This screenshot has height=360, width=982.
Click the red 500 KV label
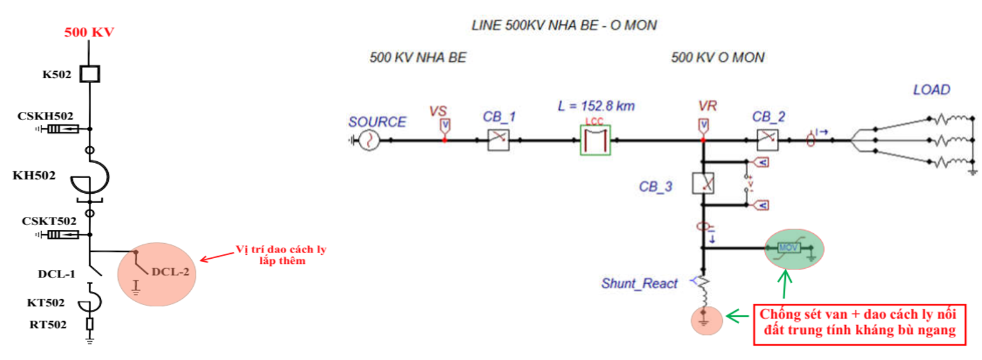(89, 32)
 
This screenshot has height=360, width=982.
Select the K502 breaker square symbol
(90, 74)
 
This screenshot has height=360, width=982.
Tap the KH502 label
(34, 176)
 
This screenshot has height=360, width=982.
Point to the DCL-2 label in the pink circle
(170, 272)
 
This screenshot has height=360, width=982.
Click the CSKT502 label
(49, 221)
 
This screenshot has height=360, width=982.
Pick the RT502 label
(47, 324)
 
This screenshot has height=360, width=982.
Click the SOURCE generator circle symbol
(369, 140)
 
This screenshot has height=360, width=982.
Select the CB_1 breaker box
(498, 140)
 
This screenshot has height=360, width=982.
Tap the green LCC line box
(595, 140)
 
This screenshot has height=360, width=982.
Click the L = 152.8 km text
(596, 106)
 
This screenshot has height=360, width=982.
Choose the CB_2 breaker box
(767, 140)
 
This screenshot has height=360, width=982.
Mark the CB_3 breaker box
(703, 183)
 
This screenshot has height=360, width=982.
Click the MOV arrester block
(788, 248)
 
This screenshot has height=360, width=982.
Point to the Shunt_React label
(638, 284)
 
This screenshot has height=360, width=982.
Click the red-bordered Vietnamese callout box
(859, 323)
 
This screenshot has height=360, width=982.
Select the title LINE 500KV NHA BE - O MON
(563, 26)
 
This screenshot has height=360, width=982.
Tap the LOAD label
(931, 90)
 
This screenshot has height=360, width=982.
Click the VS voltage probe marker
(445, 126)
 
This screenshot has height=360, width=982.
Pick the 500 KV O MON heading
(717, 57)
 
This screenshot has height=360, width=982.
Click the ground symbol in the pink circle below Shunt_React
(704, 320)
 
